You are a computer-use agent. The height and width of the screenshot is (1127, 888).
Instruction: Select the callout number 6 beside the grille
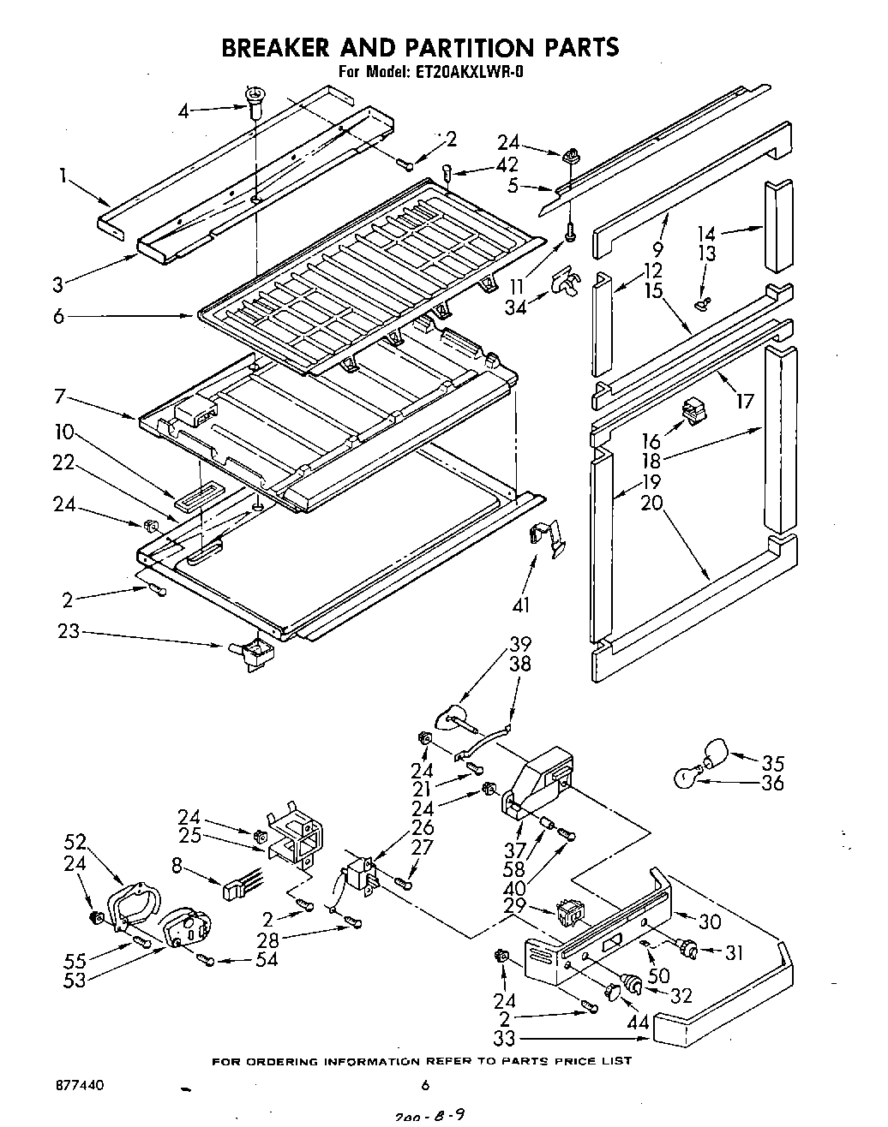(x=58, y=316)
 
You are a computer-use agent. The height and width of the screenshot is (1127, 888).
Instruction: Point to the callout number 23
(x=68, y=631)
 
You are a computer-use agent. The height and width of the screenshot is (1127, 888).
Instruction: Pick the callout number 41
(x=521, y=605)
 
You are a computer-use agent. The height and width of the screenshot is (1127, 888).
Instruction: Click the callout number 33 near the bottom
(x=505, y=1039)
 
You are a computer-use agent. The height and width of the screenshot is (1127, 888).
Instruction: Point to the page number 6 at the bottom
(x=424, y=1085)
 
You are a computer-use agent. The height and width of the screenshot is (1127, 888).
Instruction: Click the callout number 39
(x=520, y=644)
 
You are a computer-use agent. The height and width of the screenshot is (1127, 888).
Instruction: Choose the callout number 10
(x=65, y=432)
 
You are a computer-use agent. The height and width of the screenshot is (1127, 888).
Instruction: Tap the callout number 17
(x=745, y=399)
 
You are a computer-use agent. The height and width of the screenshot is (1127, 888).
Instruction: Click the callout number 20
(x=652, y=503)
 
